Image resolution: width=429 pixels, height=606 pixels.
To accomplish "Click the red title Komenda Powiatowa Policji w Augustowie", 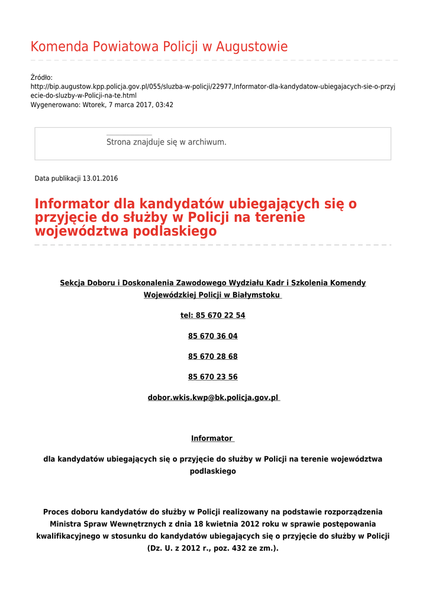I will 159,47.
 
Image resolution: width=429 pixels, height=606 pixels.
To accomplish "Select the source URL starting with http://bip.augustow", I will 213,86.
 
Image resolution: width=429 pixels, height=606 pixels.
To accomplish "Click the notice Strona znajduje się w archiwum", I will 166,142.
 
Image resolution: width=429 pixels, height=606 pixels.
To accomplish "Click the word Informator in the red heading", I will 72,204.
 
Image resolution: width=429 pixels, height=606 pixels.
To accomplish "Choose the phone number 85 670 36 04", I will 213,336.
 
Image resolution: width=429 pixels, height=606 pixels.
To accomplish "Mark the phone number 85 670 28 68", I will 213,356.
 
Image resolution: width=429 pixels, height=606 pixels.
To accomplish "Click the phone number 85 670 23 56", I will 213,377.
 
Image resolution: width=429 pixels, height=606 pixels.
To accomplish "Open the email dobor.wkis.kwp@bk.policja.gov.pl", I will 213,398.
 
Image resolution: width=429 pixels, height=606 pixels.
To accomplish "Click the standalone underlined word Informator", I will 212,439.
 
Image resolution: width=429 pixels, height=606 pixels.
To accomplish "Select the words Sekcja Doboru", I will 87,283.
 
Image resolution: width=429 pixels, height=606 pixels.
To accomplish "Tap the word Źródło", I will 41,78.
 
